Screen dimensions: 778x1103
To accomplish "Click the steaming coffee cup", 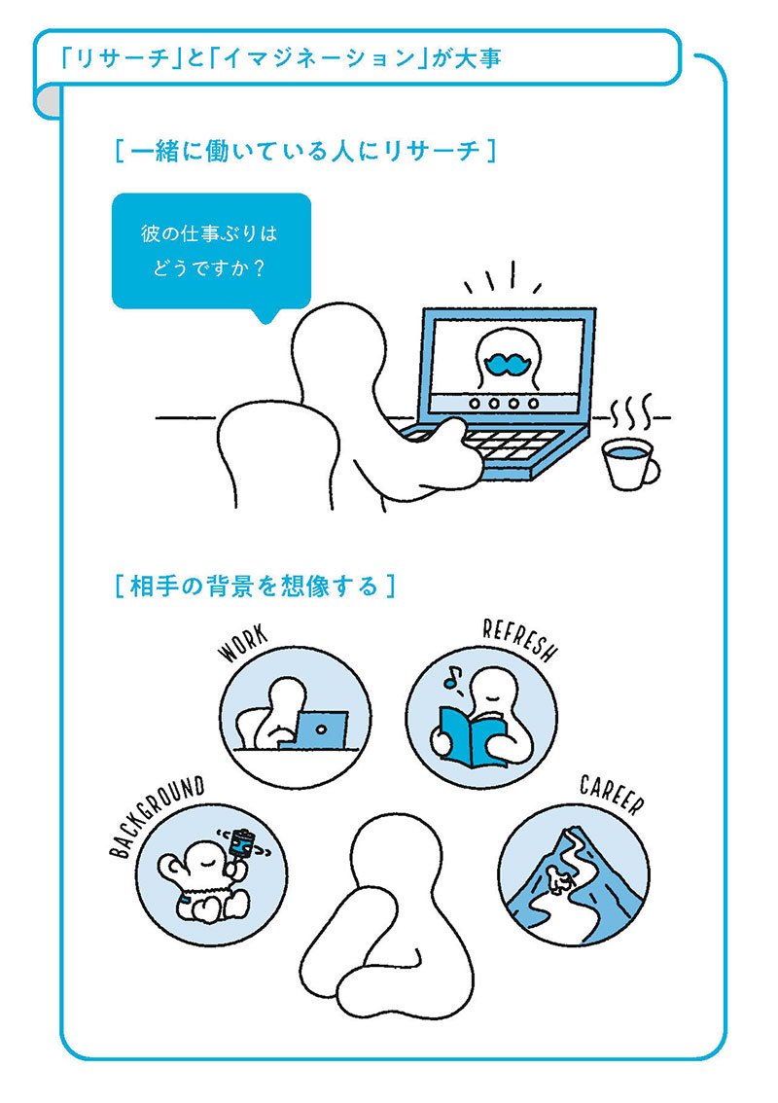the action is pyautogui.click(x=629, y=464).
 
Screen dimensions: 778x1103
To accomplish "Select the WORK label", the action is pyautogui.click(x=243, y=644).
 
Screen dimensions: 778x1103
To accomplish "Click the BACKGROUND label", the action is pyautogui.click(x=157, y=816).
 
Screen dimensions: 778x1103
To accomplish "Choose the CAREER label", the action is pyautogui.click(x=612, y=795).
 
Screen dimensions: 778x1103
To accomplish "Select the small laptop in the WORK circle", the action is pyautogui.click(x=321, y=729).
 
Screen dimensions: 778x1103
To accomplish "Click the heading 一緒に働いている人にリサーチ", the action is pyautogui.click(x=306, y=151).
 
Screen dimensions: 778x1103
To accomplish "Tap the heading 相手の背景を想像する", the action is pyautogui.click(x=255, y=586).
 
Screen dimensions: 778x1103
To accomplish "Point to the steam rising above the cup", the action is pyautogui.click(x=630, y=415).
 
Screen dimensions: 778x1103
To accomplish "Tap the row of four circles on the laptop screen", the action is pyautogui.click(x=505, y=403).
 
